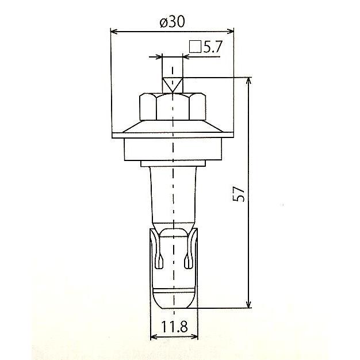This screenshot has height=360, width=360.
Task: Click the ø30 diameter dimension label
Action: coord(172,22)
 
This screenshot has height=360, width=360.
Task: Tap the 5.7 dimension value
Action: coord(212,47)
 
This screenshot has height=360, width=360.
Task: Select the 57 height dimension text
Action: coord(238,194)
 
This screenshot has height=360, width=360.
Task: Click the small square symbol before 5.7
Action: coord(195,47)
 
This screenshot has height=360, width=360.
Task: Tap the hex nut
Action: coord(173,106)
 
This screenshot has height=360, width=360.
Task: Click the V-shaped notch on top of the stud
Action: coord(173,85)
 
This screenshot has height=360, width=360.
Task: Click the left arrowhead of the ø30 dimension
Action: coord(114,32)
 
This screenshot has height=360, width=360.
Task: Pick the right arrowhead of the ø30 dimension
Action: coord(230,32)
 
